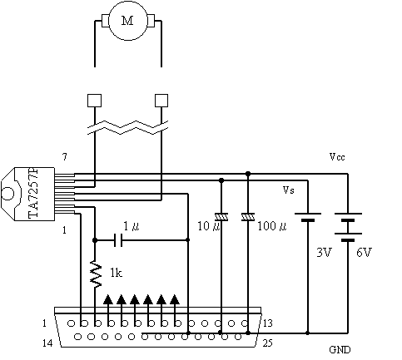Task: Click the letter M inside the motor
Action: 127,21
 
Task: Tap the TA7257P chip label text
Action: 33,193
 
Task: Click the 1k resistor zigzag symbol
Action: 96,274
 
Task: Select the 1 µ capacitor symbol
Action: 118,240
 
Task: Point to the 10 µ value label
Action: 208,226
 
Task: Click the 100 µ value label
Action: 272,226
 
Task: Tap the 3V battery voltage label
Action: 324,253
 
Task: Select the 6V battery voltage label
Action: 364,253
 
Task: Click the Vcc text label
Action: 337,157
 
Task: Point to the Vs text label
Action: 289,190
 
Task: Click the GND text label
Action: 340,350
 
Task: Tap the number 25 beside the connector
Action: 268,343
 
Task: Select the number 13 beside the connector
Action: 268,323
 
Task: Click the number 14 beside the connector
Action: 47,343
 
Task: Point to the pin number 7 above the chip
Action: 64,157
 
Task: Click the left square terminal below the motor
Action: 94,101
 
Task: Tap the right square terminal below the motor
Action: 161,101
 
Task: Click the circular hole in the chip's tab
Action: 7,193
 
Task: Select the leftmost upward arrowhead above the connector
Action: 108,299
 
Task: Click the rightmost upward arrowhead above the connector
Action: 175,299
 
